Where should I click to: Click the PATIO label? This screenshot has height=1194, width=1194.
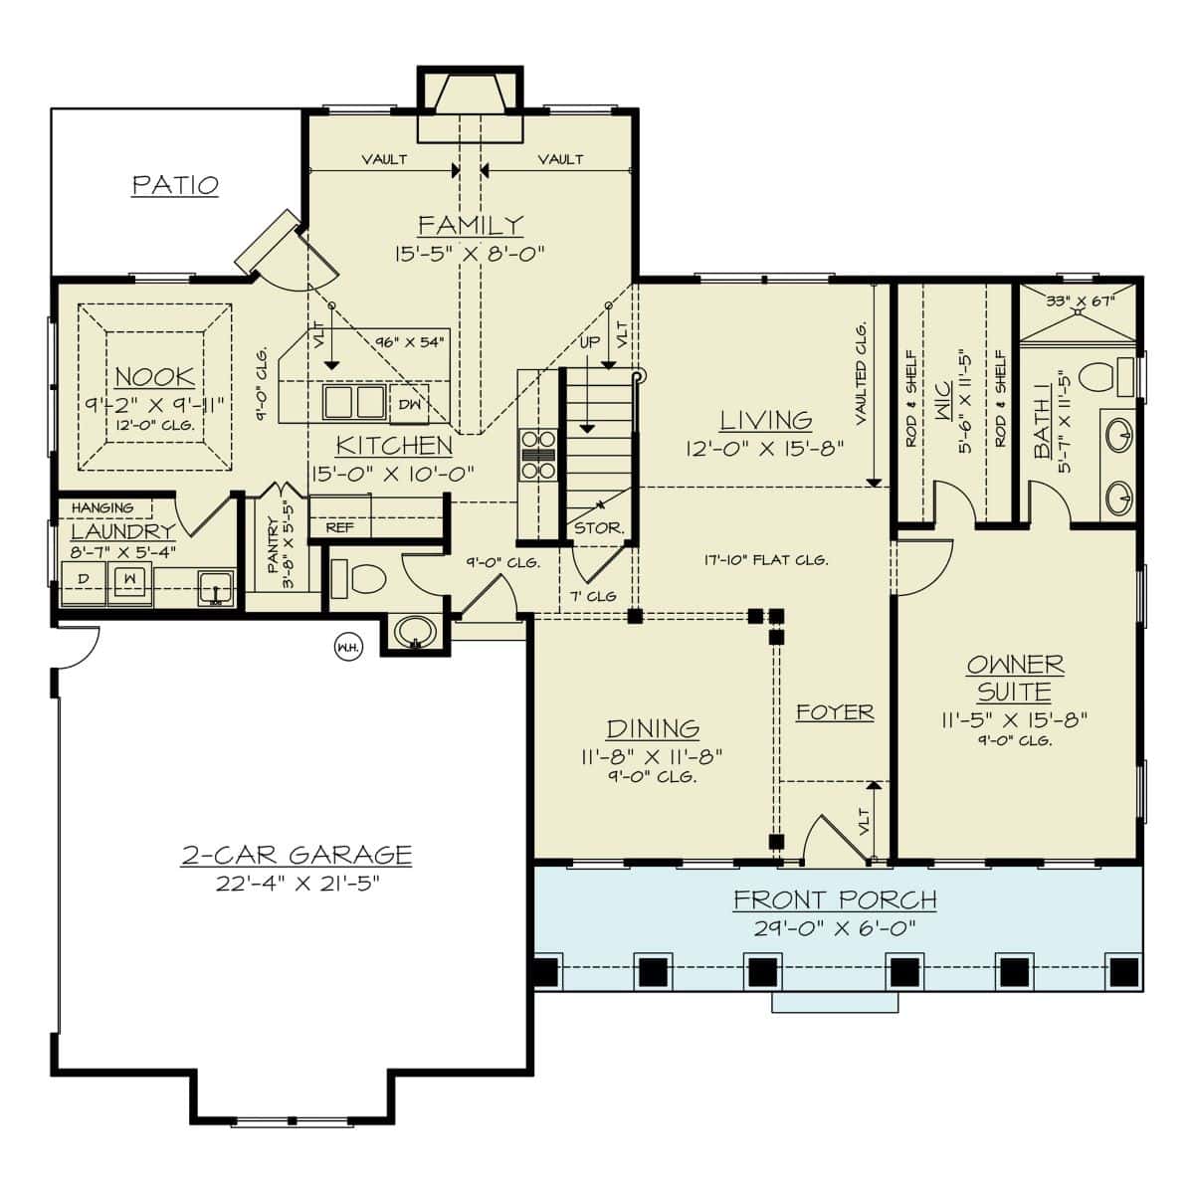tap(175, 185)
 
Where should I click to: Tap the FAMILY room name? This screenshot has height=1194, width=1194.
tap(470, 225)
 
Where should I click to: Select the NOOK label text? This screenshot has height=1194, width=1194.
tap(155, 377)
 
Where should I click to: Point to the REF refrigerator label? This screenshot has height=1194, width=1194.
tap(339, 527)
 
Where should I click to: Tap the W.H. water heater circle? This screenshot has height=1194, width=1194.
tap(348, 647)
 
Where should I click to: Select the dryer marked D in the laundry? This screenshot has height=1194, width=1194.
tap(84, 581)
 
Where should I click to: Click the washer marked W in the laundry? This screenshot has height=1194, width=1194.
tap(129, 580)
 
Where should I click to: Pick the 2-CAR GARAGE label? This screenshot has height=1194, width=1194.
tap(297, 855)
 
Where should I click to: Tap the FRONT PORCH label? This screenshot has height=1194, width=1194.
tap(835, 900)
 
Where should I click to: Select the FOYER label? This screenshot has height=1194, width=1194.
tap(835, 712)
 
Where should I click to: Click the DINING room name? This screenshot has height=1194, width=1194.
tap(653, 728)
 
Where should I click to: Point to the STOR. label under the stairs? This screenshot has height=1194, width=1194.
tap(598, 528)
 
